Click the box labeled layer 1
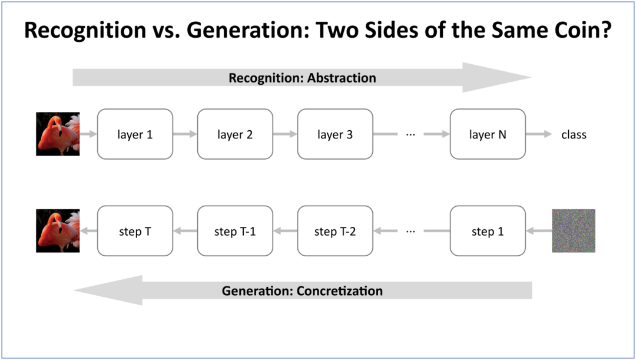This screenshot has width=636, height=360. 135,134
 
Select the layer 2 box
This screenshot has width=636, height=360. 235,134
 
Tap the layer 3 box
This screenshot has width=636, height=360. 335,134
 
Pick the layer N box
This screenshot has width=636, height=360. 488,134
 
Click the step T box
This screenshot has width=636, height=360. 135,231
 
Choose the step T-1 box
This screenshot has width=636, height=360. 235,231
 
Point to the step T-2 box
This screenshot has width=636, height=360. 335,231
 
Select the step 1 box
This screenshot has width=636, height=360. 488,231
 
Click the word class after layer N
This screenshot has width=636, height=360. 574,135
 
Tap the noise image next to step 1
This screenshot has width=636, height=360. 574,231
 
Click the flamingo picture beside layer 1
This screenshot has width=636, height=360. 58,134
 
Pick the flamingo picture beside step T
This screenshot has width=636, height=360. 58,231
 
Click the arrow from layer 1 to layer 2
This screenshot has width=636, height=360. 185,134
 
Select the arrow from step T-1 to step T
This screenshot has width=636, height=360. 185,231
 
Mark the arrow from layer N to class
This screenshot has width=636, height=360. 539,134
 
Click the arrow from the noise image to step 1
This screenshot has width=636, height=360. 539,231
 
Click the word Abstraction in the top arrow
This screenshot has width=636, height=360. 342,78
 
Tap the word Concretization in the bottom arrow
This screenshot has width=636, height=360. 340,291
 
